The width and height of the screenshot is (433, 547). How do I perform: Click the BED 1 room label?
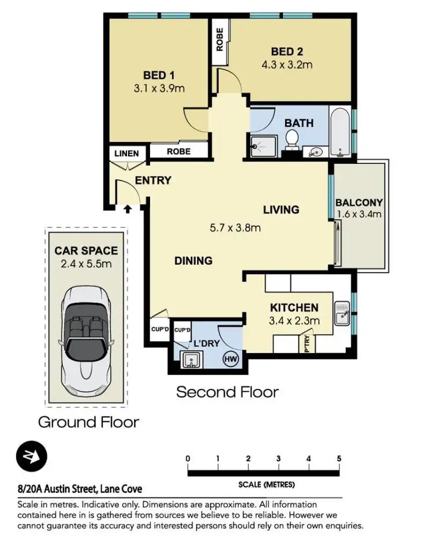click(x=155, y=74)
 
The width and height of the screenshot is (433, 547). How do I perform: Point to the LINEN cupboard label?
click(x=126, y=153)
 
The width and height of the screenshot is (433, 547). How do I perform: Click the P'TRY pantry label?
click(x=308, y=344)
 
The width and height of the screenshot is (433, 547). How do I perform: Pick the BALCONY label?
click(x=359, y=202)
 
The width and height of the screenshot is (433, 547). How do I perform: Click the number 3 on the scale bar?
click(x=279, y=459)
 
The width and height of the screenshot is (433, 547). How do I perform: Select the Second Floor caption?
click(x=227, y=392)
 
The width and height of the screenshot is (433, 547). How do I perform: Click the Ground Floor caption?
click(x=88, y=422)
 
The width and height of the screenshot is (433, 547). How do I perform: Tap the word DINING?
click(x=193, y=261)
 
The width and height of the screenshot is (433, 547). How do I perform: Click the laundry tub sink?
click(x=189, y=361)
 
